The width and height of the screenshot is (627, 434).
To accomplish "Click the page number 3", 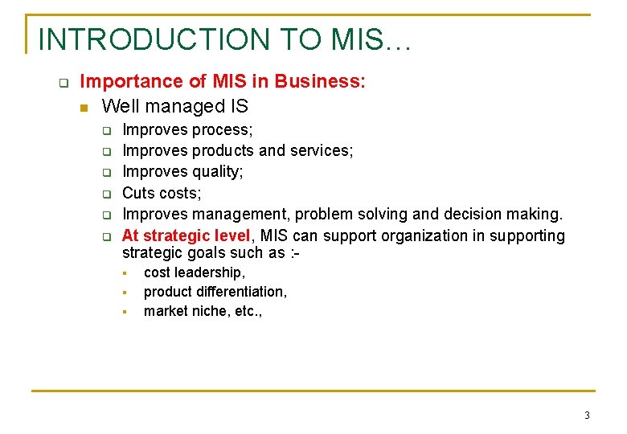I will coord(587,416).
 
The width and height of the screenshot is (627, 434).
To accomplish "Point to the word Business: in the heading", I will coord(320,81).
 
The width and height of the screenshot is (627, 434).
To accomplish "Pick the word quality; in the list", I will coord(217,172).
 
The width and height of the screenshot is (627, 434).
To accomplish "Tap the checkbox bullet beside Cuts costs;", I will coord(105,194).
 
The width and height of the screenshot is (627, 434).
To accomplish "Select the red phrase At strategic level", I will coord(186,235).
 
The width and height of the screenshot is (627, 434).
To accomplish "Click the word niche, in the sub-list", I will coord(209,311).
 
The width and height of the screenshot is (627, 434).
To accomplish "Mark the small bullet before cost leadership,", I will coord(125,273).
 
